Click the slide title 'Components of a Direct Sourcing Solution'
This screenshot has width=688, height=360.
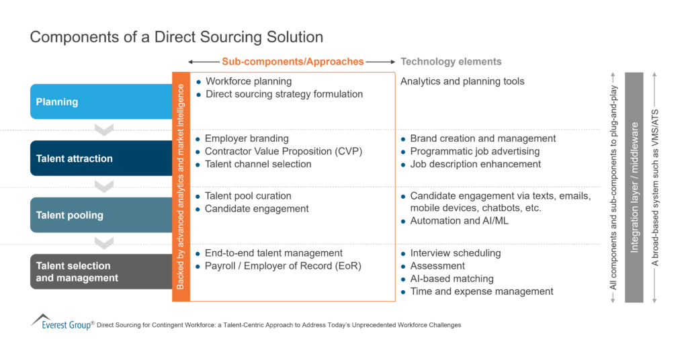tap(176, 37)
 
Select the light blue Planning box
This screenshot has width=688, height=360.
tap(101, 102)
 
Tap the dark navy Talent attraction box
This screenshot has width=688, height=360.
tap(101, 159)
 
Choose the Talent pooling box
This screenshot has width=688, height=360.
tap(101, 216)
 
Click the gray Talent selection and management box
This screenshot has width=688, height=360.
tap(101, 272)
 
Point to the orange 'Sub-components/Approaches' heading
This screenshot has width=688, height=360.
tap(292, 62)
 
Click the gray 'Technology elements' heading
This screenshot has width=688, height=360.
tap(451, 62)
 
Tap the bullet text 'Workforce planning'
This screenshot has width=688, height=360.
tap(248, 81)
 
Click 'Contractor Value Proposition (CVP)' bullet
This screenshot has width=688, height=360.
tap(283, 151)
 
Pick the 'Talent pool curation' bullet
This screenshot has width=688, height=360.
tap(248, 195)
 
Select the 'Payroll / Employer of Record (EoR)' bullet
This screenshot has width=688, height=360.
tap(283, 266)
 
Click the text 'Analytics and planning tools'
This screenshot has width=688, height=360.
tap(462, 81)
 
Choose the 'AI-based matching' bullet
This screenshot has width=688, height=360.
tap(451, 279)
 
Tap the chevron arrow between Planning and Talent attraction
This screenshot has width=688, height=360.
tap(104, 129)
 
